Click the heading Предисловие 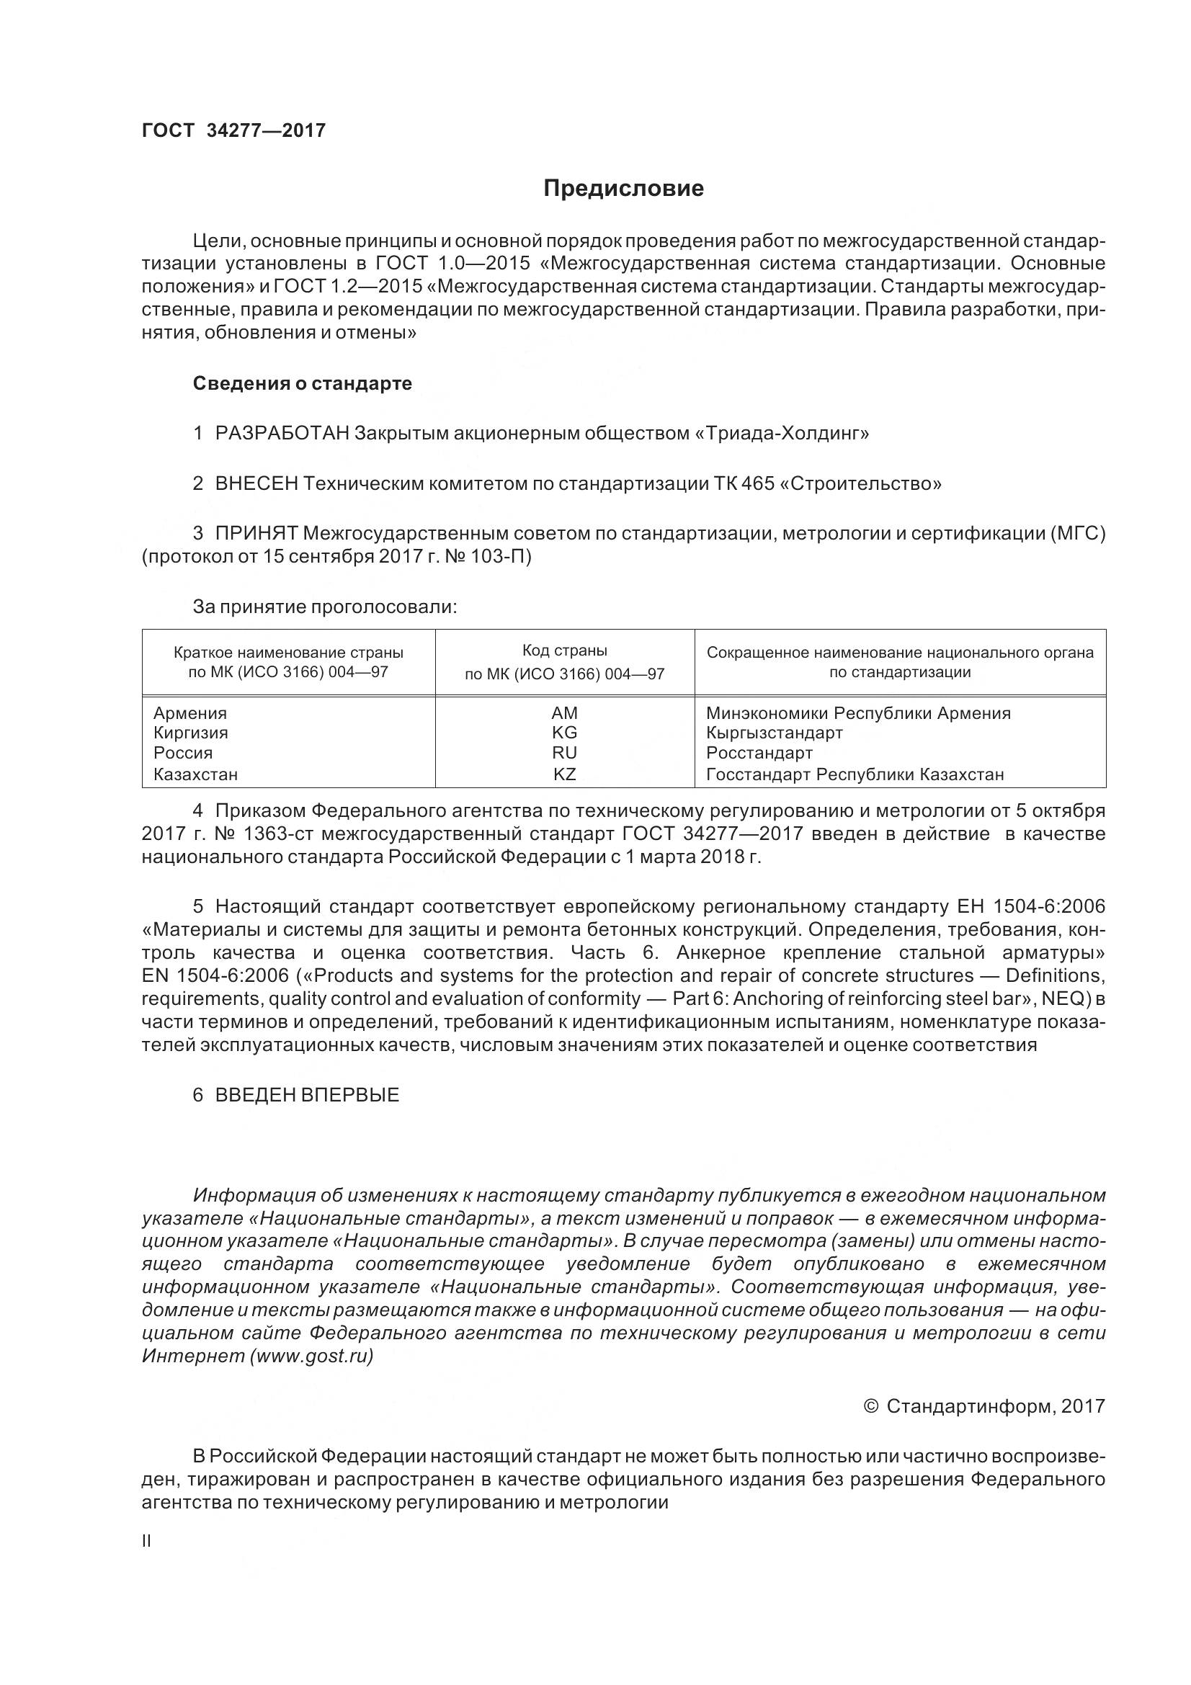623,189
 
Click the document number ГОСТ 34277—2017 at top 233,130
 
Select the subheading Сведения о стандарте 303,383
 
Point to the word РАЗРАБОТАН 282,433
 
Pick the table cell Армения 190,712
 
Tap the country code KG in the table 564,733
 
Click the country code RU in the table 564,752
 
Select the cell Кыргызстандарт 775,733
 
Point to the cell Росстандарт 759,752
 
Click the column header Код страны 564,651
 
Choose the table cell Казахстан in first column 195,774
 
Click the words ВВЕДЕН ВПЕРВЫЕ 307,1095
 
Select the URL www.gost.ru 311,1356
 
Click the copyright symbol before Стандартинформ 871,1405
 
